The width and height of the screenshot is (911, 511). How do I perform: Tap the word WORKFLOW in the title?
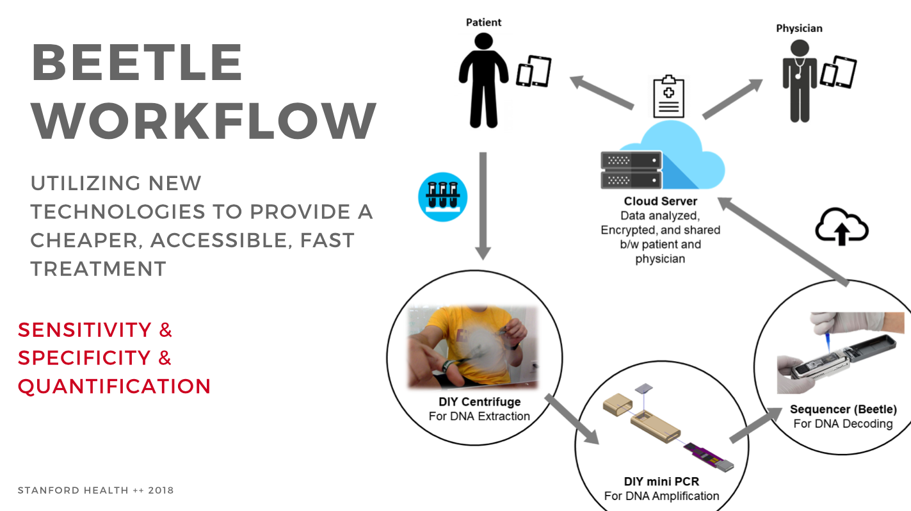(x=204, y=122)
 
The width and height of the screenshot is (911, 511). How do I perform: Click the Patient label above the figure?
(x=483, y=22)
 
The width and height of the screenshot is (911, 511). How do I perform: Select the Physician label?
(x=799, y=28)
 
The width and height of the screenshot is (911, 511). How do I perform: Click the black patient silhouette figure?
(x=483, y=77)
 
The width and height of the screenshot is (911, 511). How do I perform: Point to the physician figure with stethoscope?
(x=799, y=80)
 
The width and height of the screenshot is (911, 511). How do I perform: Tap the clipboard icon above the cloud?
(x=668, y=96)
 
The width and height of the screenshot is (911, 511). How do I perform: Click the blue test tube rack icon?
(x=442, y=197)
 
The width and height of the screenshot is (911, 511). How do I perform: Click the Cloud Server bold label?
(x=660, y=202)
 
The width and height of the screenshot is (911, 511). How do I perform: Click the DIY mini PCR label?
(x=661, y=482)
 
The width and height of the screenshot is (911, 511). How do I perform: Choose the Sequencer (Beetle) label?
(x=843, y=409)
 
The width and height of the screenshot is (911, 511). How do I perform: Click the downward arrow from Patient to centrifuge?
(x=483, y=205)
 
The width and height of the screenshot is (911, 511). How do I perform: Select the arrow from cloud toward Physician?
(x=732, y=99)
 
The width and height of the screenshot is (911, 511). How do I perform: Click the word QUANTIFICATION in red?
(x=115, y=386)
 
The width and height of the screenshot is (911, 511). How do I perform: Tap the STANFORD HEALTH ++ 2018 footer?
(x=95, y=491)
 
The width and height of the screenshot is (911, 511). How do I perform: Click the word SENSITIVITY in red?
(x=85, y=330)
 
